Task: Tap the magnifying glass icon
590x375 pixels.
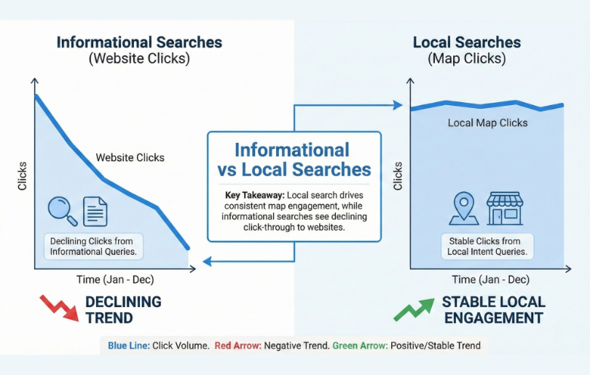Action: click(61, 210)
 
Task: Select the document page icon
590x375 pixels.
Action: click(95, 211)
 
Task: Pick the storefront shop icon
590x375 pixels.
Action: click(505, 208)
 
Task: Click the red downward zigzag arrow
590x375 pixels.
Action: click(58, 307)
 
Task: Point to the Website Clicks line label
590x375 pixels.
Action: click(130, 157)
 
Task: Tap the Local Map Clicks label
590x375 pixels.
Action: click(487, 123)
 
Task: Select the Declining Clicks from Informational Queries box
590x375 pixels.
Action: click(93, 247)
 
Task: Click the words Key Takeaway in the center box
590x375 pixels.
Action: click(254, 196)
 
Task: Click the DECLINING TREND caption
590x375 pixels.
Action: click(123, 309)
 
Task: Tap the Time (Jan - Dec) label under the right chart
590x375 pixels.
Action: click(489, 279)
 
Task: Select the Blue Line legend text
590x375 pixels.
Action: click(128, 345)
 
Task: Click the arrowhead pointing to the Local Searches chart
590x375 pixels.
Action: click(398, 105)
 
